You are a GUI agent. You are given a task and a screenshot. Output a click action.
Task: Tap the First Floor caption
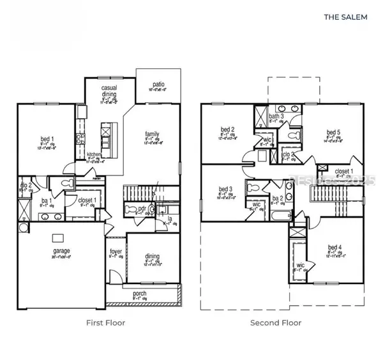(x=105, y=323)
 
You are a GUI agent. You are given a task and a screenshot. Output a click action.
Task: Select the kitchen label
(x=96, y=156)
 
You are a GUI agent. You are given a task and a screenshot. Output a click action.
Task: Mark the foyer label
(x=116, y=251)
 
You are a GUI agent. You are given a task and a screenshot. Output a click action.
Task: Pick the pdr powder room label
(x=133, y=208)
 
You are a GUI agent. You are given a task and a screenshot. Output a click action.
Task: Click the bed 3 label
(x=225, y=190)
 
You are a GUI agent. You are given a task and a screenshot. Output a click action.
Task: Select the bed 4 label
(x=335, y=248)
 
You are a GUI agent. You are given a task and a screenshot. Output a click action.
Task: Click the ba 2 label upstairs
(x=276, y=198)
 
